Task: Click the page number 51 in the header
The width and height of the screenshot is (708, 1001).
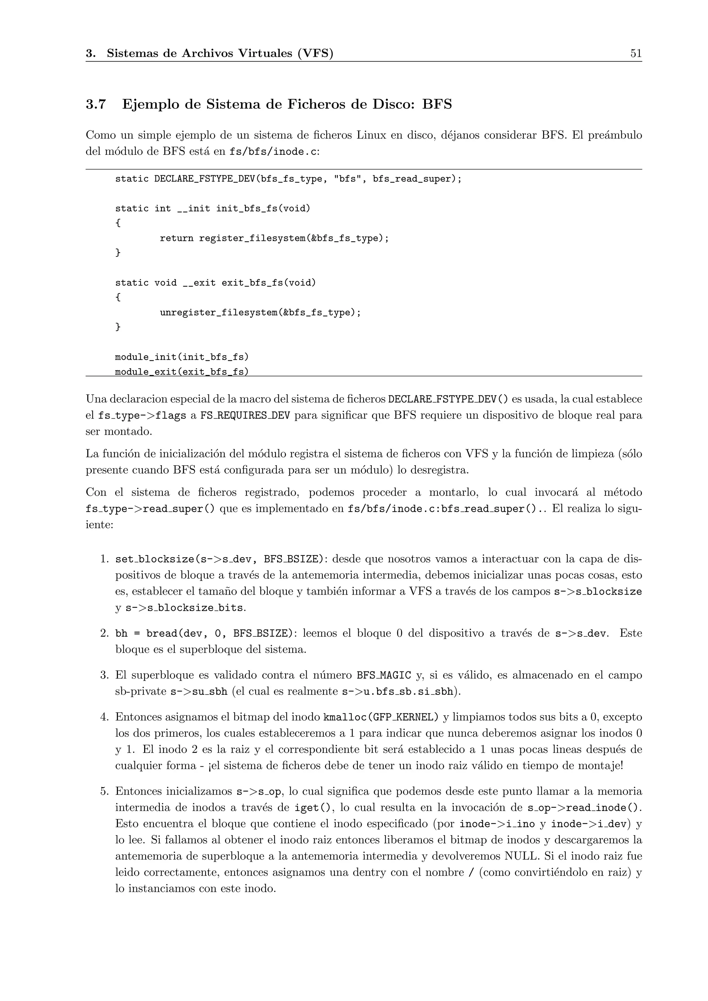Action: pos(636,54)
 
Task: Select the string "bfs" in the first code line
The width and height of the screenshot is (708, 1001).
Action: pos(347,179)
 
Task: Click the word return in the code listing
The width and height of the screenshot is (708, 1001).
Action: pos(177,238)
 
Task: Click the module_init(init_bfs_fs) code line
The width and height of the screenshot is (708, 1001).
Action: pos(181,357)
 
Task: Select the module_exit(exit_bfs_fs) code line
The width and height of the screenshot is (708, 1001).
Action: pos(181,372)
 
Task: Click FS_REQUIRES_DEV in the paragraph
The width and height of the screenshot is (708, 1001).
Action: pos(245,415)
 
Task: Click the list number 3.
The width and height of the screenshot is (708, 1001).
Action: pos(104,675)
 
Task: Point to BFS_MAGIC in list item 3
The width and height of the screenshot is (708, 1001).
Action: pos(384,675)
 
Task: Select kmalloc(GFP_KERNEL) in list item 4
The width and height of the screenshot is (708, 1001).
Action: pos(381,717)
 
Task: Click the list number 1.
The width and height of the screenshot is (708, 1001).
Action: pos(104,559)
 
